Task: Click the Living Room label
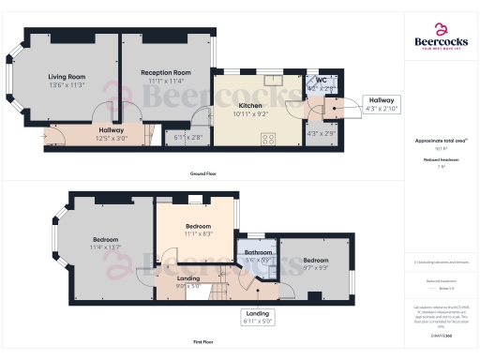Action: pyautogui.click(x=67, y=76)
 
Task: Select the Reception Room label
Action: pyautogui.click(x=166, y=72)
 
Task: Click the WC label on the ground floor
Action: pyautogui.click(x=321, y=81)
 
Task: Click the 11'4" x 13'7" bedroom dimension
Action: pyautogui.click(x=105, y=248)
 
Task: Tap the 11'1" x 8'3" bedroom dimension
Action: pyautogui.click(x=197, y=234)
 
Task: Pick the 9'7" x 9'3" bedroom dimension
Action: pyautogui.click(x=315, y=268)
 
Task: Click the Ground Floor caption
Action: pyautogui.click(x=203, y=174)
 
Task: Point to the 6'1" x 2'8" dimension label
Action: pyautogui.click(x=187, y=138)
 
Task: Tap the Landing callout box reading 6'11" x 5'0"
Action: pyautogui.click(x=257, y=317)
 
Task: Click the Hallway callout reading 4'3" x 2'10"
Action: pyautogui.click(x=381, y=104)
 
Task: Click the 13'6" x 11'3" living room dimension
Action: pyautogui.click(x=67, y=84)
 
